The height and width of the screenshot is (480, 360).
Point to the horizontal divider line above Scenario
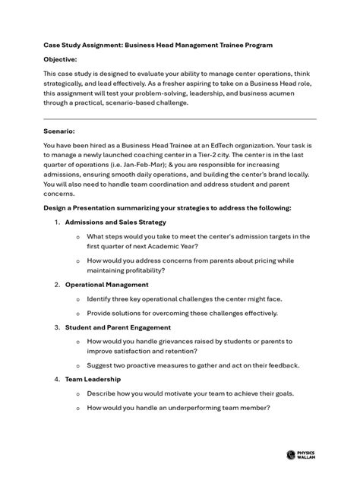click(x=180, y=118)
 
